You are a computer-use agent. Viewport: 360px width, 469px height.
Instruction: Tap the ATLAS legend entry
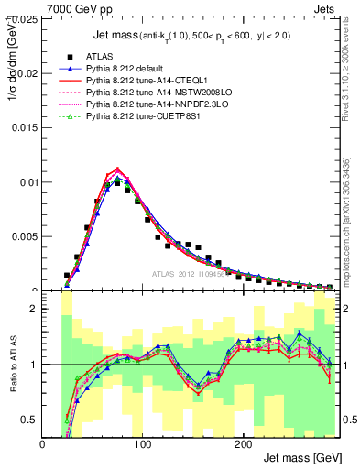click(102, 56)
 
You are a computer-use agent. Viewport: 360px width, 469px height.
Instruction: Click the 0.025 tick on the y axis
click(27, 19)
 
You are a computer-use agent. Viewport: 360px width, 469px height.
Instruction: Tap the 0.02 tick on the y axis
click(29, 73)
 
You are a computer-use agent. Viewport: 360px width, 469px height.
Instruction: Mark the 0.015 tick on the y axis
click(27, 127)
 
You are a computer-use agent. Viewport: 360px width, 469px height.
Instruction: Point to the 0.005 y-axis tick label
click(27, 235)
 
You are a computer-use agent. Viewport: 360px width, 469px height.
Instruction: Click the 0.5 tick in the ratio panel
click(30, 420)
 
